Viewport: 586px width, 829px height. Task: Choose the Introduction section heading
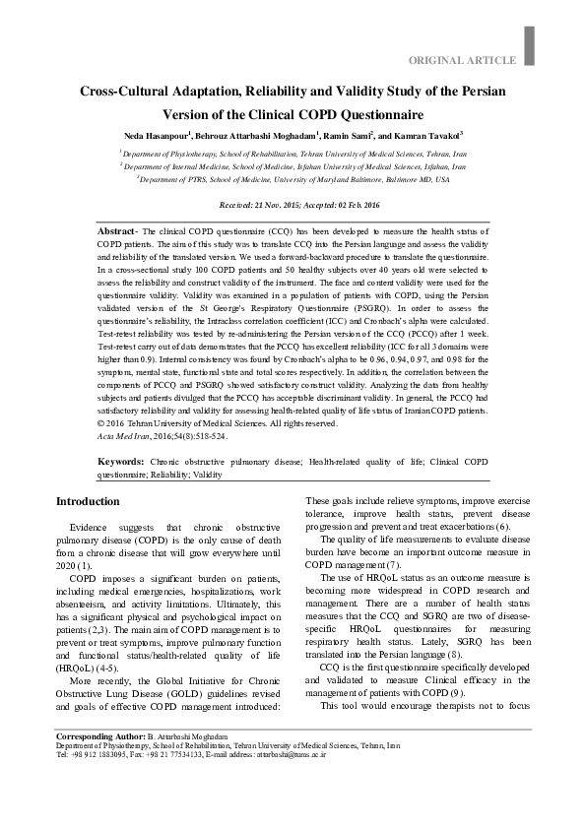click(88, 501)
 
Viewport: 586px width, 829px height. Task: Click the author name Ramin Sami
click(348, 134)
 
